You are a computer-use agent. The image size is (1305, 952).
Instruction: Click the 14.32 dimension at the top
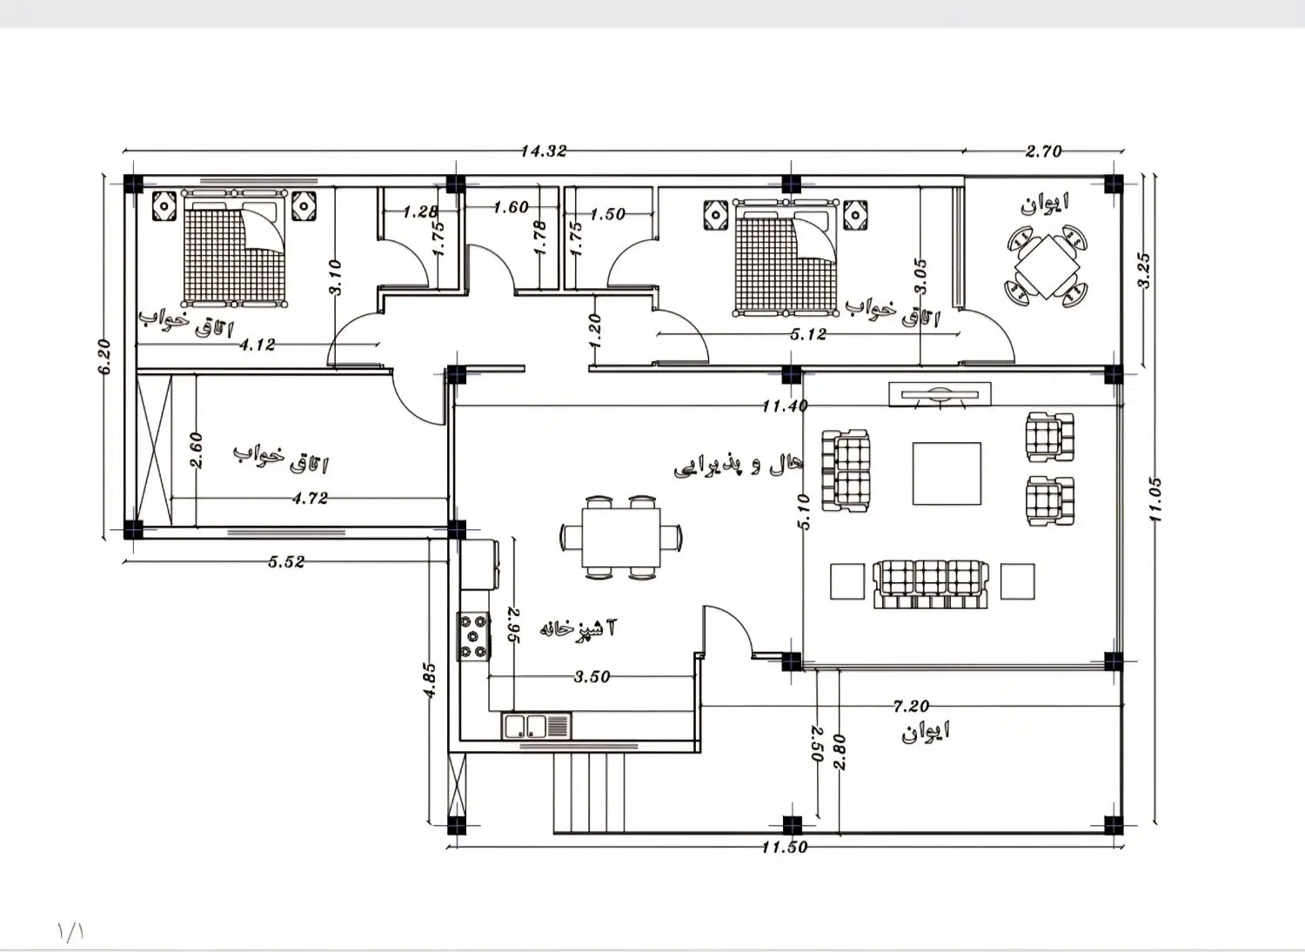(x=544, y=151)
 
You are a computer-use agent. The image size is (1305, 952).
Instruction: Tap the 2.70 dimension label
(x=1043, y=151)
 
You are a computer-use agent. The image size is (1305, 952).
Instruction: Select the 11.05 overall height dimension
(x=1156, y=499)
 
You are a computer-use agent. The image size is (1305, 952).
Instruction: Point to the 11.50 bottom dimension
(x=785, y=847)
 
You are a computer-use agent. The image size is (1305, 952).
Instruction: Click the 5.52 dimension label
(x=286, y=561)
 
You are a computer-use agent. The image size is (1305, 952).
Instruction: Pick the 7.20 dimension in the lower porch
(x=911, y=706)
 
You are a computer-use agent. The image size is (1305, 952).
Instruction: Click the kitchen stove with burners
(x=473, y=636)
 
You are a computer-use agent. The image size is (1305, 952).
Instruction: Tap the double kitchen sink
(x=536, y=726)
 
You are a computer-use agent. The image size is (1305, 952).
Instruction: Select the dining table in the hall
(x=621, y=537)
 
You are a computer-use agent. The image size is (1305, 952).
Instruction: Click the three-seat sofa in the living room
(x=930, y=585)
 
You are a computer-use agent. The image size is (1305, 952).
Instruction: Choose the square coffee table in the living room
(x=947, y=473)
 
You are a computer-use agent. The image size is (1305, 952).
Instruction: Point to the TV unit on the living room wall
(x=940, y=394)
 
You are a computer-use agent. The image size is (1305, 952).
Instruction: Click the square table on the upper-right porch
(x=1047, y=266)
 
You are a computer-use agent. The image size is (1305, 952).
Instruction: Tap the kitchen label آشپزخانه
(x=578, y=628)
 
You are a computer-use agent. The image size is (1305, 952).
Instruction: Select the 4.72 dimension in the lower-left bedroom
(x=310, y=498)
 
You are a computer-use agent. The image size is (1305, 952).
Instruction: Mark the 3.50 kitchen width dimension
(x=592, y=676)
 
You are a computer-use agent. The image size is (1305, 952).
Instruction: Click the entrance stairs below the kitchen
(x=588, y=794)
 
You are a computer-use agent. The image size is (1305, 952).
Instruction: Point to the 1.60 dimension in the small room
(x=511, y=207)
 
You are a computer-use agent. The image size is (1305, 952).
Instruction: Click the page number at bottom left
(x=71, y=931)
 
